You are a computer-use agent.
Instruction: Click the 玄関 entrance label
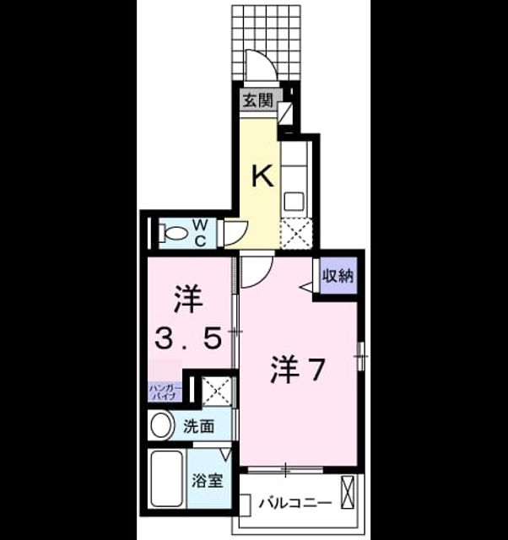[258, 100]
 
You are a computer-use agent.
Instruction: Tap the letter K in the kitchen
[263, 175]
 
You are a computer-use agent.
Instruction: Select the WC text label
[200, 233]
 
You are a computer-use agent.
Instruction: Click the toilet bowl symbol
[173, 233]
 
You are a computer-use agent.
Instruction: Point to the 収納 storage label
[338, 276]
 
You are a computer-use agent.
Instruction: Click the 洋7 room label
[298, 370]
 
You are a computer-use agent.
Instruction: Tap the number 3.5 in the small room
[188, 337]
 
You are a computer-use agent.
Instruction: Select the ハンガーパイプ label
[165, 391]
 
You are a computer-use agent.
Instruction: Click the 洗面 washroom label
[198, 426]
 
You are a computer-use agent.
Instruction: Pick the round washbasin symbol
[161, 425]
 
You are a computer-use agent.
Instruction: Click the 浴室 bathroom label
[208, 480]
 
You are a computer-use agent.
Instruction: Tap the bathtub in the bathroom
[167, 478]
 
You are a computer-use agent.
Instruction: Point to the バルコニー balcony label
[295, 503]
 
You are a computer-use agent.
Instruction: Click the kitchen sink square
[294, 202]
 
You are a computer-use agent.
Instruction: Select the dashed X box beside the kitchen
[296, 234]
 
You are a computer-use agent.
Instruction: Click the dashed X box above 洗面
[216, 391]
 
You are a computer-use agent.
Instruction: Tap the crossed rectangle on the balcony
[347, 492]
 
